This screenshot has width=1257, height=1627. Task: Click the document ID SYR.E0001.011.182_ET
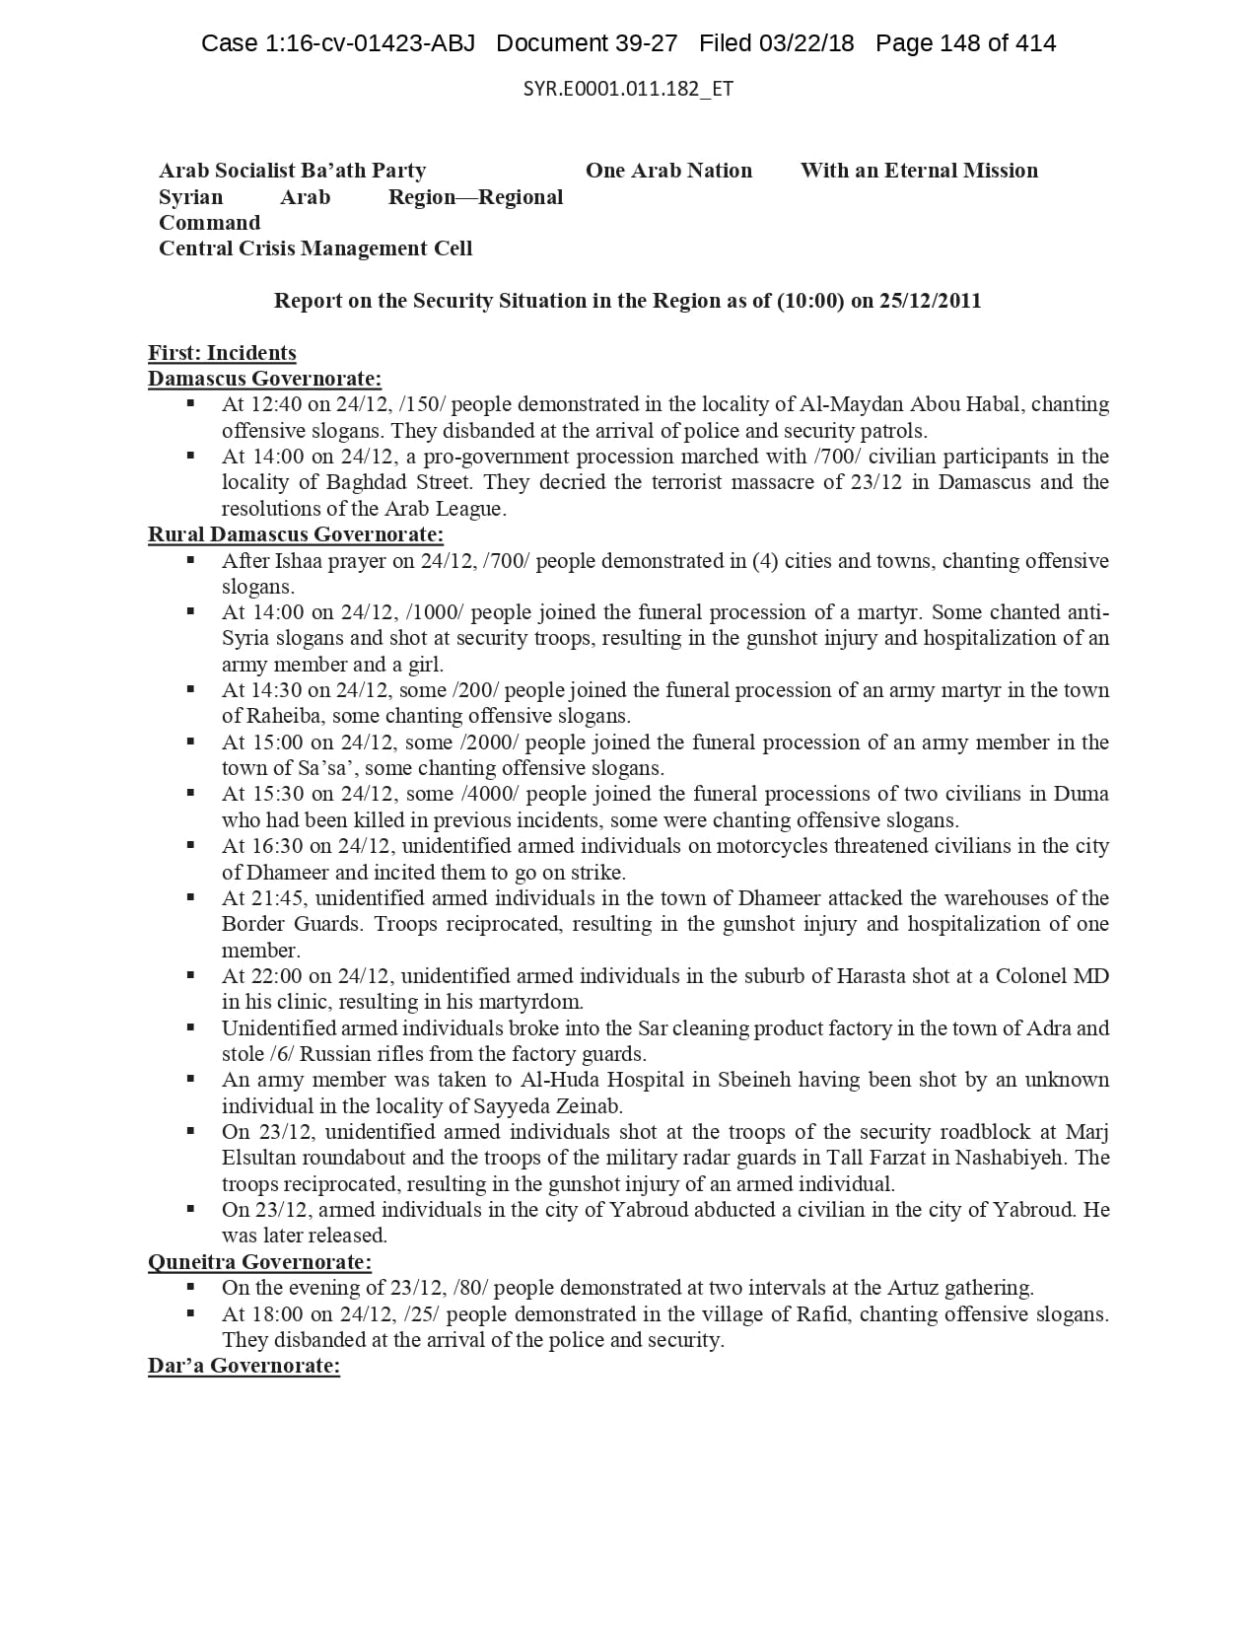click(628, 89)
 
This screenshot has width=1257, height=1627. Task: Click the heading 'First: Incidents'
click(222, 353)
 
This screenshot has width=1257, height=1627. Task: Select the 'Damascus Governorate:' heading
click(264, 379)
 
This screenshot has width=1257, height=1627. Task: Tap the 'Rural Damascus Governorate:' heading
click(296, 534)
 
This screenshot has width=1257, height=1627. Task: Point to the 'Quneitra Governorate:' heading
click(259, 1262)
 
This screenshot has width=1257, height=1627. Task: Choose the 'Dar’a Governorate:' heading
click(244, 1366)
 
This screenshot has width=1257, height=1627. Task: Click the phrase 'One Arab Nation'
click(668, 171)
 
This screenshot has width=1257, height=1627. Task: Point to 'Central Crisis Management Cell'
click(315, 248)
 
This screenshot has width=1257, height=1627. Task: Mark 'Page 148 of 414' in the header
click(965, 43)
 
